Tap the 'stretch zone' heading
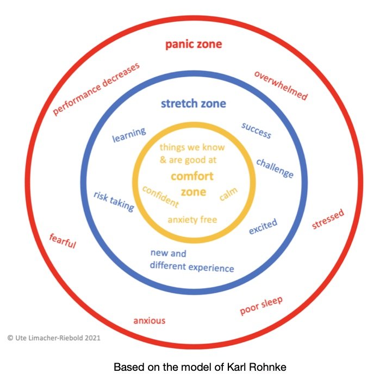click(x=193, y=103)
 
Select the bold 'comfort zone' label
click(x=192, y=184)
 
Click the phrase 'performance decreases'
click(x=96, y=89)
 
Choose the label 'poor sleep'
click(x=262, y=307)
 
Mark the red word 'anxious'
click(x=149, y=320)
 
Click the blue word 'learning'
click(x=129, y=134)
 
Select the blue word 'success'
click(x=256, y=130)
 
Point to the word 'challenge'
click(x=275, y=168)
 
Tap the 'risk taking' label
click(x=114, y=201)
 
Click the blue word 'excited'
click(x=263, y=226)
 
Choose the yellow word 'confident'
click(x=160, y=196)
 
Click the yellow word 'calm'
click(x=228, y=194)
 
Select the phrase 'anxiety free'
click(x=192, y=220)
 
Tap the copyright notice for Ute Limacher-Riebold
click(x=54, y=337)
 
